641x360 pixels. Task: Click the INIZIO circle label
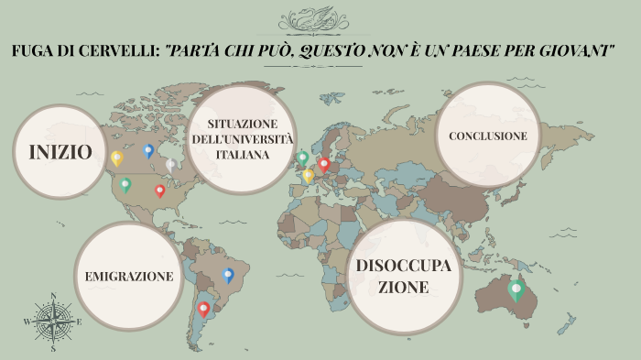point(60,152)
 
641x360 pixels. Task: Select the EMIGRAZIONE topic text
point(129,276)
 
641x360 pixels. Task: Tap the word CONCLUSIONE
point(487,136)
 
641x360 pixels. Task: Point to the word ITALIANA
point(243,154)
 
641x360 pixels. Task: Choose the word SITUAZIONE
point(242,124)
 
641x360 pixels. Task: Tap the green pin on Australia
point(516,290)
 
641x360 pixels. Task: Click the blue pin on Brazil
point(228,274)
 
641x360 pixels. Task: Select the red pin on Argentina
point(203,309)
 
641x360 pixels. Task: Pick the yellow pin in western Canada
point(116,158)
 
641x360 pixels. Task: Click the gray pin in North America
point(170,165)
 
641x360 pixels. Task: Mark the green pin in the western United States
point(125,184)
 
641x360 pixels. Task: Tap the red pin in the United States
point(160,190)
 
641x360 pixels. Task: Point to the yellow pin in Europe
point(309,174)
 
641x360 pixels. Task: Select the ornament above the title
point(320,19)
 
